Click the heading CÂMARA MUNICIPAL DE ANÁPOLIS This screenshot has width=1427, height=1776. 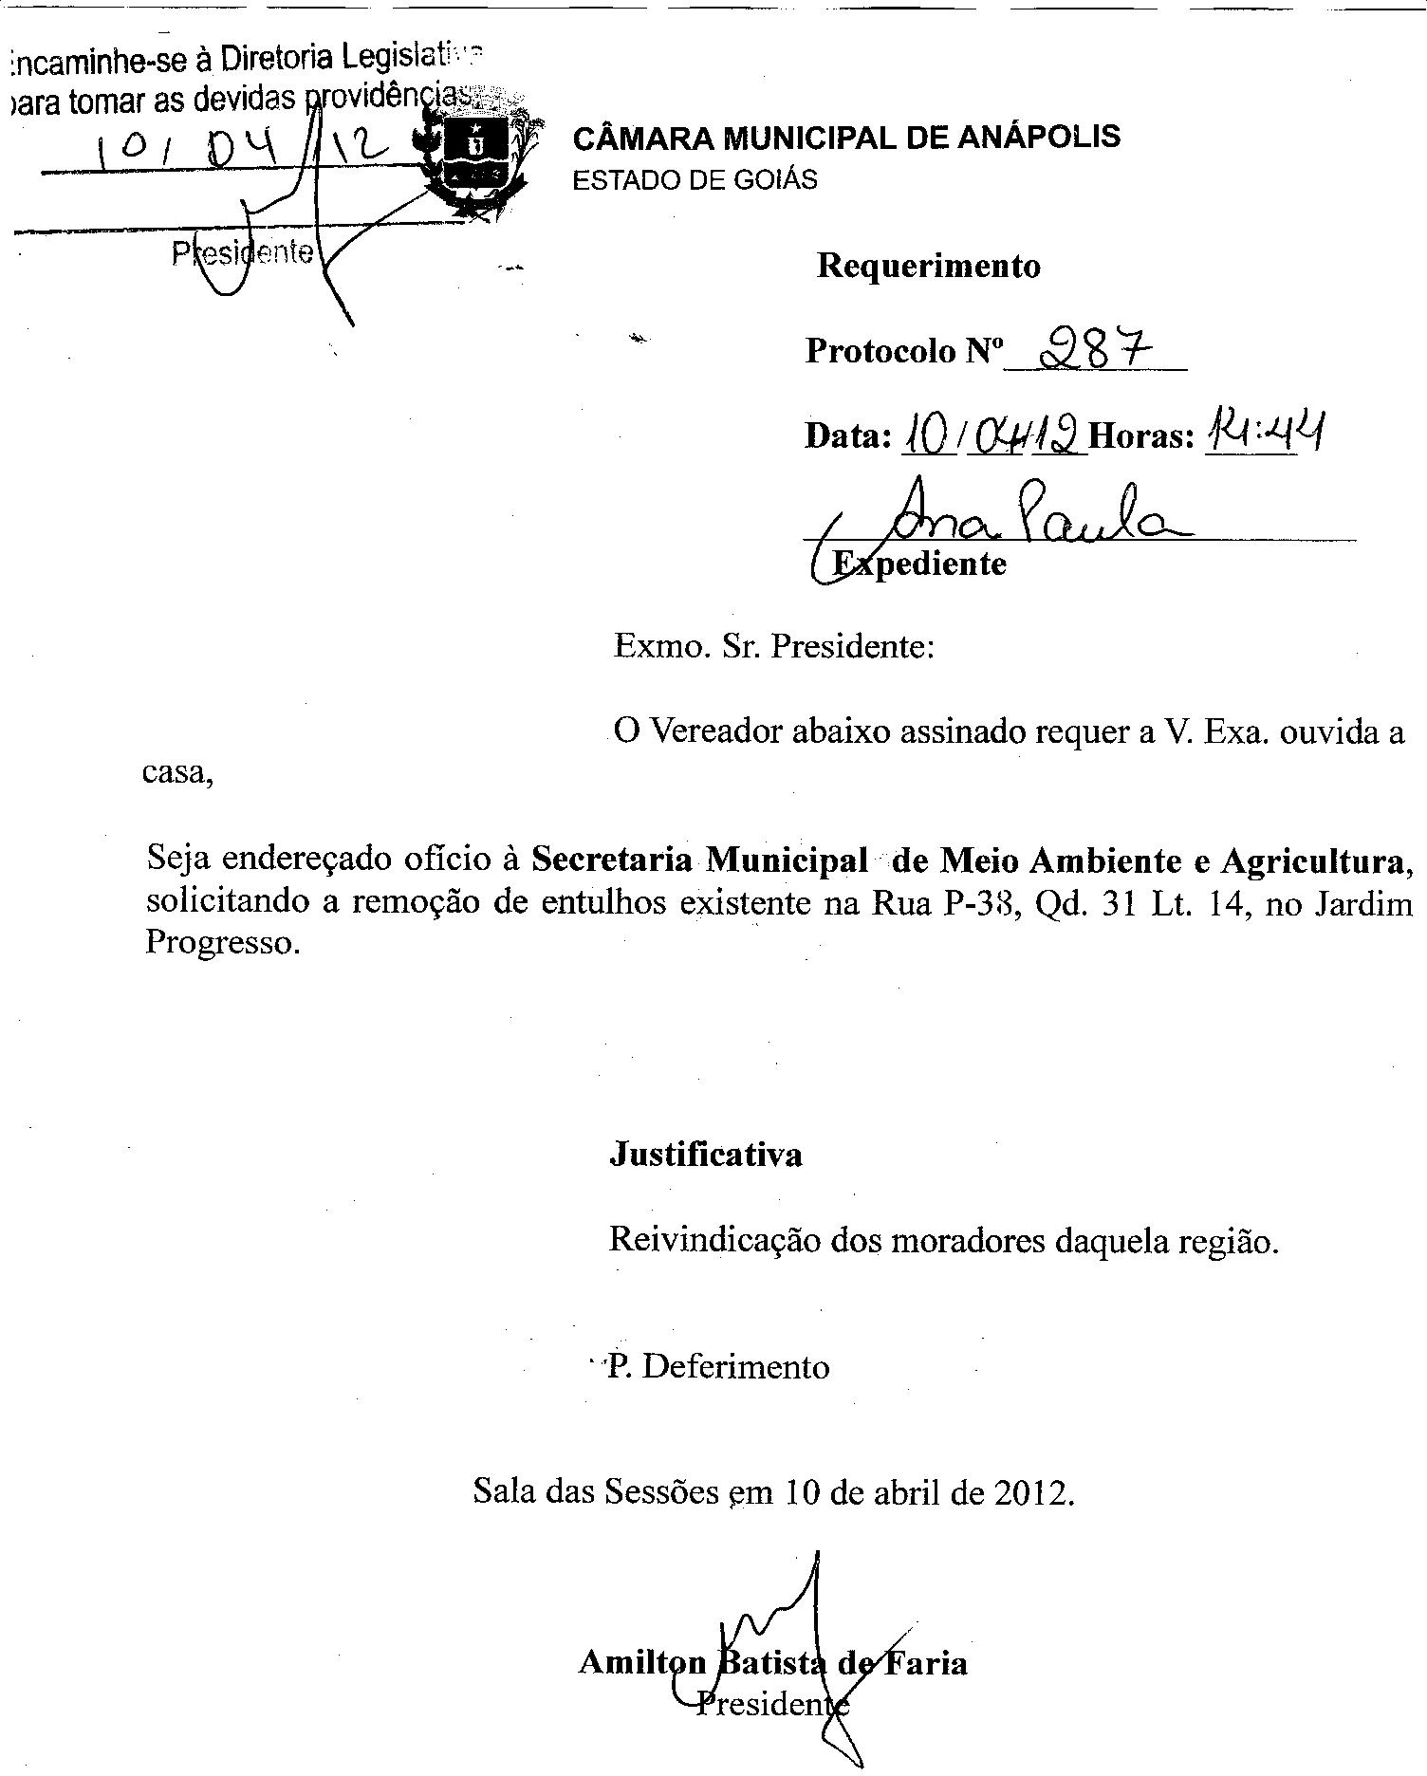point(846,138)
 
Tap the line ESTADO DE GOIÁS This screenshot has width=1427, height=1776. point(695,180)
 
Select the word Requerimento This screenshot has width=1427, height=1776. point(928,267)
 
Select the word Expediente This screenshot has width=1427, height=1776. point(918,564)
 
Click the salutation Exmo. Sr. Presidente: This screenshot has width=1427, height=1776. point(774,647)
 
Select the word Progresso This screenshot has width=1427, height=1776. point(222,944)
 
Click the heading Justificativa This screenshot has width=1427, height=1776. point(706,1155)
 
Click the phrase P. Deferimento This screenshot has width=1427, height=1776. point(718,1366)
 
